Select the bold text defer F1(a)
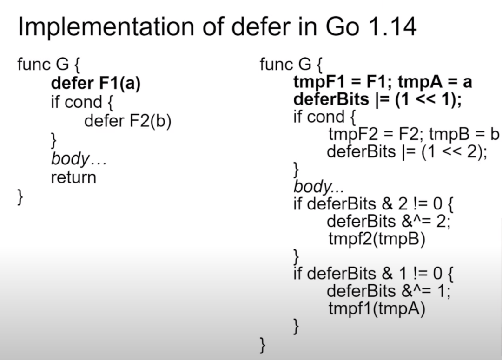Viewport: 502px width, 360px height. coord(95,83)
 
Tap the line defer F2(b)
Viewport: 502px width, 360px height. coord(128,121)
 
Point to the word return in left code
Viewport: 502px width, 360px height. coord(73,177)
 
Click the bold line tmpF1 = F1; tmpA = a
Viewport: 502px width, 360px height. coord(383,82)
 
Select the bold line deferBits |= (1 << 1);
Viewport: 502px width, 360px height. coord(377,100)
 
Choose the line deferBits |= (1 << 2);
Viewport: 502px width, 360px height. coord(407,152)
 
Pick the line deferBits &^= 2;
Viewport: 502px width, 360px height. coord(389,221)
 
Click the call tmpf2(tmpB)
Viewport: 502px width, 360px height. coord(376,239)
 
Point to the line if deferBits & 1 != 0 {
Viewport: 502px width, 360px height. coord(375,273)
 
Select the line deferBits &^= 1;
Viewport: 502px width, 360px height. coord(389,291)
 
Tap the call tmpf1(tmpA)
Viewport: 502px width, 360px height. coord(376,308)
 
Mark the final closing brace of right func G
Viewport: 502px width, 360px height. coord(263,345)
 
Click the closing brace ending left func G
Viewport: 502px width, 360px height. coord(20,196)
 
